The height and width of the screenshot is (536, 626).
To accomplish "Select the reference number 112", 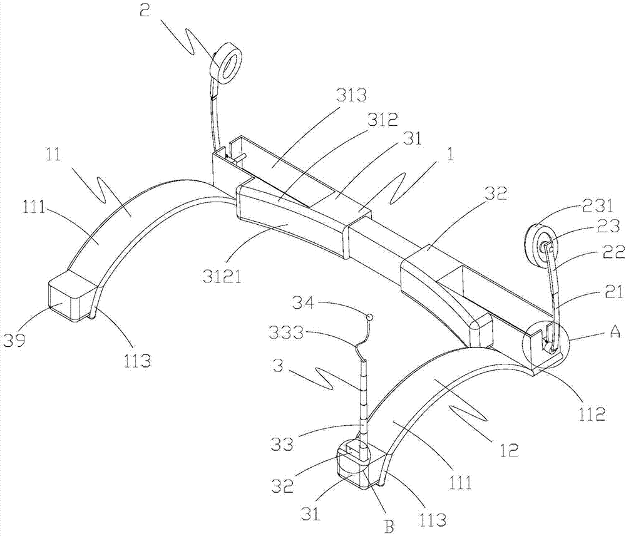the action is click(x=592, y=415).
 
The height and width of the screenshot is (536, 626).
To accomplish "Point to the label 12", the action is click(x=508, y=450).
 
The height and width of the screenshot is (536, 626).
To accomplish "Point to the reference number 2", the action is click(x=145, y=10).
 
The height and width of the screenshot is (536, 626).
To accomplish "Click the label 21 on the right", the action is click(x=615, y=294).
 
